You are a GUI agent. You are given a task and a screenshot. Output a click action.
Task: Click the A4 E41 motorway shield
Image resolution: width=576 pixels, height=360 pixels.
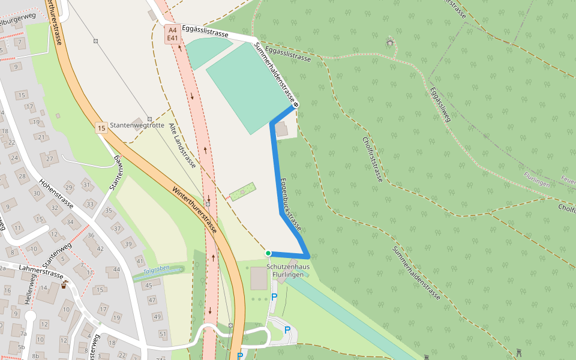click(x=173, y=34)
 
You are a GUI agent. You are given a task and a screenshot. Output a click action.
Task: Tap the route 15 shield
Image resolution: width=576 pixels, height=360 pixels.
click(x=101, y=128)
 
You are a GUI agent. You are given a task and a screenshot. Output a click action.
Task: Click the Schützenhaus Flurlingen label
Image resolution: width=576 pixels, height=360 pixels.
click(x=288, y=269)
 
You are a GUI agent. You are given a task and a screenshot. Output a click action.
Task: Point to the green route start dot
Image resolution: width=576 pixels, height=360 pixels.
click(x=268, y=253)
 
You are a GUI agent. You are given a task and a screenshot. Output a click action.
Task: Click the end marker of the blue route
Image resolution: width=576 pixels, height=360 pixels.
click(x=296, y=106)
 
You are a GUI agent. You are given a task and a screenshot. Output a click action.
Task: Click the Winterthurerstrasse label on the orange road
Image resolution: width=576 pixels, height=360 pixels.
click(x=194, y=210)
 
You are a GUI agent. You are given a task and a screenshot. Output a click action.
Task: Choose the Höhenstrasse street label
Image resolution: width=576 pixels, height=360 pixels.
click(x=55, y=193)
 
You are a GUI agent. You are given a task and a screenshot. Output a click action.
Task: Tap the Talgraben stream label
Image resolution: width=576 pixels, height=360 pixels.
click(x=157, y=270)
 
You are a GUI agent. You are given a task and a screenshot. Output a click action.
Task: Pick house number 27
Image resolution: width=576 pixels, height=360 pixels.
click(x=49, y=158)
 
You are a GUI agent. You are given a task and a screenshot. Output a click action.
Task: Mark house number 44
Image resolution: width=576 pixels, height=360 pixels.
click(x=116, y=269)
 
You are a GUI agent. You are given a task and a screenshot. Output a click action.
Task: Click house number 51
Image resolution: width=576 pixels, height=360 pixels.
click(x=163, y=334)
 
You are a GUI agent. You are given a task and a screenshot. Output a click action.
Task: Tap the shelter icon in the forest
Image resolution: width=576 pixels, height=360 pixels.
click(x=391, y=42)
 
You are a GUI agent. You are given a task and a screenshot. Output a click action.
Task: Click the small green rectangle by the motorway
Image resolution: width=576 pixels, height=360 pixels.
click(x=242, y=191)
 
